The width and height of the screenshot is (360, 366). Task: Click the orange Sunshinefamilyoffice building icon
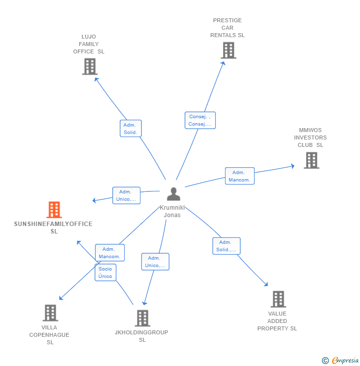pos(54,209)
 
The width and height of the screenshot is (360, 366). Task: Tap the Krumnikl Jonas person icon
pos(174,194)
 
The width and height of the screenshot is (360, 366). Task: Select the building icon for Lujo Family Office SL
pos(90,67)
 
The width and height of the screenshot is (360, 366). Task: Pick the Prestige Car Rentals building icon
pos(228,50)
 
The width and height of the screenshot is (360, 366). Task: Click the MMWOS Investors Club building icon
pos(312,160)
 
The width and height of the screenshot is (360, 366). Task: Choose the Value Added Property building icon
pos(278,299)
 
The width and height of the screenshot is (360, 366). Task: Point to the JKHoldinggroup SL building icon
pos(142,318)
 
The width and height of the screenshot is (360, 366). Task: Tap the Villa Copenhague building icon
pos(50,313)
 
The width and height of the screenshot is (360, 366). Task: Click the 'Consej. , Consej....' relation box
pos(200,120)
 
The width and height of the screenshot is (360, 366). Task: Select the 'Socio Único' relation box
pos(105,273)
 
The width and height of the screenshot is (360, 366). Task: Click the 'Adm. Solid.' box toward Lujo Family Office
pos(131,129)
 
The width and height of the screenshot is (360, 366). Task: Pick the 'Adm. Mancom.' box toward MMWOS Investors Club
pos(240,176)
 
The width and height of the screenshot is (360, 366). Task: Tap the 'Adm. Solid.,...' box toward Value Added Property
pos(226,246)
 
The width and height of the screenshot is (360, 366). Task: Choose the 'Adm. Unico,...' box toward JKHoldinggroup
pos(155,262)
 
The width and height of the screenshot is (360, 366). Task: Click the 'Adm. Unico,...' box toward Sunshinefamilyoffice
pos(126,195)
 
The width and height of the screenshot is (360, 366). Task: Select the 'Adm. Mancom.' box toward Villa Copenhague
pos(110,253)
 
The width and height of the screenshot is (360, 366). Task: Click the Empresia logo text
pos(345,360)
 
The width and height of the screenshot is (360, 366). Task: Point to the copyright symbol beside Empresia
pos(325,361)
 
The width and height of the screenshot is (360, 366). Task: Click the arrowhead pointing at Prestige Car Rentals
pos(224,63)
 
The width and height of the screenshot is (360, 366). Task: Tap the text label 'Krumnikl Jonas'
pos(172,211)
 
